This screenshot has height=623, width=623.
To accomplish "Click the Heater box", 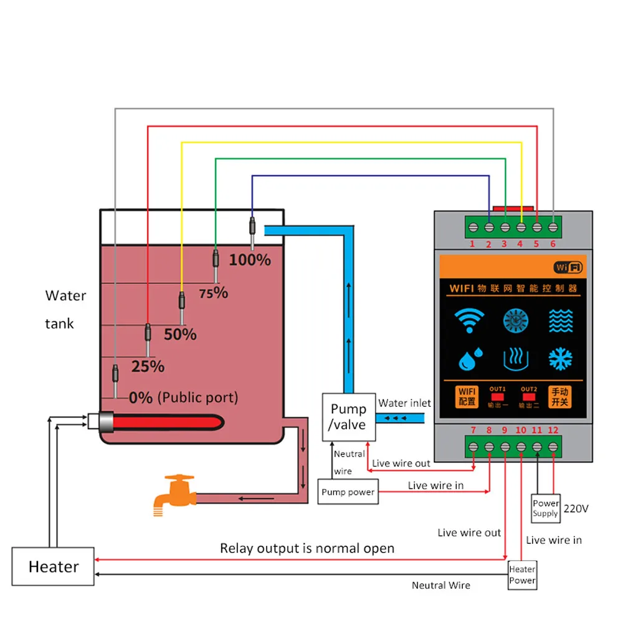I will [54, 566].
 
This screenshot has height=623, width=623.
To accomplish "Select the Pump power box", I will [348, 492].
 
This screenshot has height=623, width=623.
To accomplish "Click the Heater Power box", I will [522, 574].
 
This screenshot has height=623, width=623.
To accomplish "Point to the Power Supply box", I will [545, 508].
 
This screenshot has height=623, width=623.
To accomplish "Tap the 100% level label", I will [250, 260].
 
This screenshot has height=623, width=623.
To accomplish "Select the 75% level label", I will [214, 292].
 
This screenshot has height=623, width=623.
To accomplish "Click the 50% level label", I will [180, 335].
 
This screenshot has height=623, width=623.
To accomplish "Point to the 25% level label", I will [148, 366].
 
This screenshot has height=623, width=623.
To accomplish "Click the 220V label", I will [576, 508].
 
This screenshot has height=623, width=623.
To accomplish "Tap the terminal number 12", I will [553, 430].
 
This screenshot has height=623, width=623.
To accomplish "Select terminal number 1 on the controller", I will [472, 244].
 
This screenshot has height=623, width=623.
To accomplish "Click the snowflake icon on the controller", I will [561, 359].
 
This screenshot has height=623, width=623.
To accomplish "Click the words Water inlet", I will [404, 403].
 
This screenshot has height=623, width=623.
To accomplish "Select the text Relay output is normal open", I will [307, 548].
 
